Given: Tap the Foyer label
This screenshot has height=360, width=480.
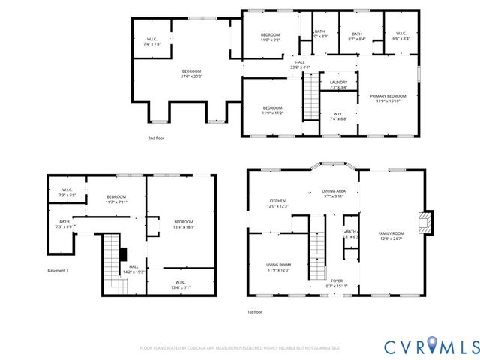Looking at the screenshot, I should click(x=337, y=283).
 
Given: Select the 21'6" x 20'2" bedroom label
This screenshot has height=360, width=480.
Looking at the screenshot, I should click(x=191, y=73).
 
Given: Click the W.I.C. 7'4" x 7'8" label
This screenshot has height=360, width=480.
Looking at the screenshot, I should click(x=152, y=43).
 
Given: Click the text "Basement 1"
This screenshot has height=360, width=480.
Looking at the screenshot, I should click(x=58, y=270).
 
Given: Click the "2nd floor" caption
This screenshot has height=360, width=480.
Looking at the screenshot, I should click(x=156, y=139).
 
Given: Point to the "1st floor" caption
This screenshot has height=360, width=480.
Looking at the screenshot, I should click(x=255, y=312).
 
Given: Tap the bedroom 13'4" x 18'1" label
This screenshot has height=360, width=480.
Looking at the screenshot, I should click(x=184, y=223).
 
